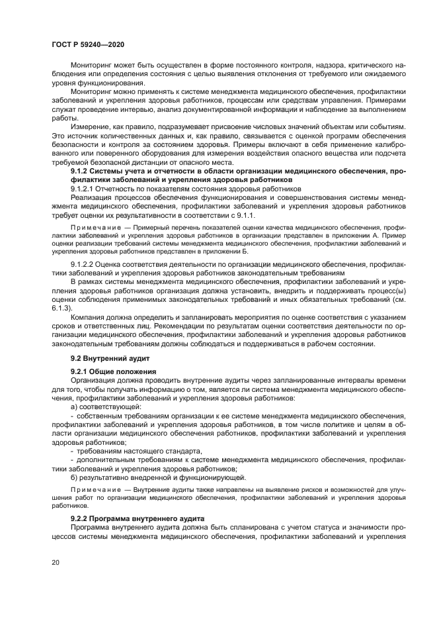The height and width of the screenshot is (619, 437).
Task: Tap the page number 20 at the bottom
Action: pos(56,562)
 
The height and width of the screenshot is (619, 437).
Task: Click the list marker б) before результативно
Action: pos(75,477)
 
